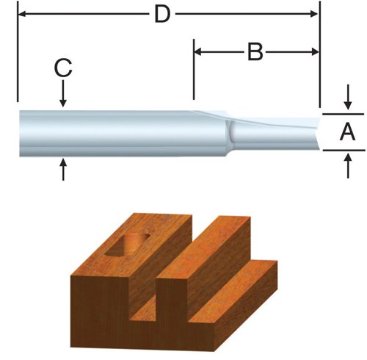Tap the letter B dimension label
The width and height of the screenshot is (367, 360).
point(255,51)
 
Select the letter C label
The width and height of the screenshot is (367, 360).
point(63,69)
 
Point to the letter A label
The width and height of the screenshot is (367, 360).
point(348,132)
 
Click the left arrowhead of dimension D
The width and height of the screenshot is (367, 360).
point(21,14)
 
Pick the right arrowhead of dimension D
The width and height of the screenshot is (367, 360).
point(316,14)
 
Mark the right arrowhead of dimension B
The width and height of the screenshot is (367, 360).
point(316,52)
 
